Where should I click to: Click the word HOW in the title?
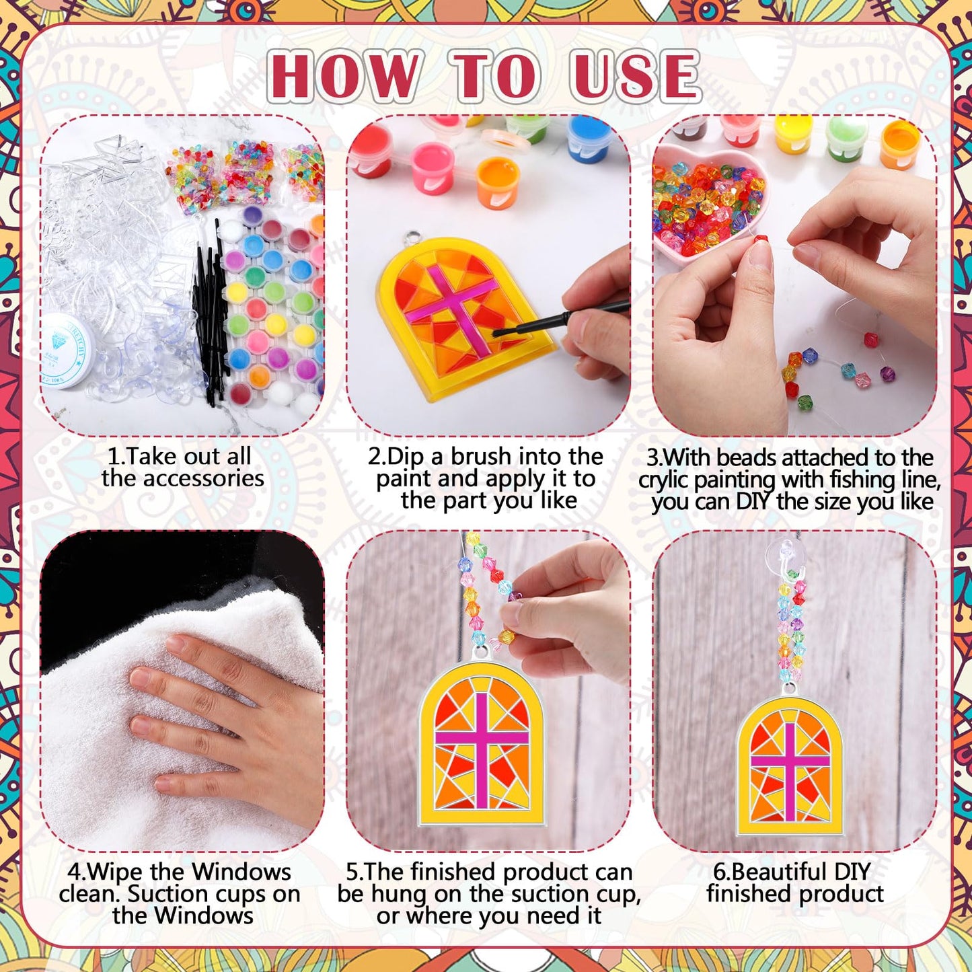click(x=346, y=76)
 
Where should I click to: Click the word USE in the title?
click(x=635, y=76)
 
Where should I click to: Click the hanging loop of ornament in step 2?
click(x=411, y=240)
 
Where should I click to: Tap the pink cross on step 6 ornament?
click(x=790, y=763)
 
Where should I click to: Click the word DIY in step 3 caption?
click(x=754, y=502)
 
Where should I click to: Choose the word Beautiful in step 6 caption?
click(x=780, y=872)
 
